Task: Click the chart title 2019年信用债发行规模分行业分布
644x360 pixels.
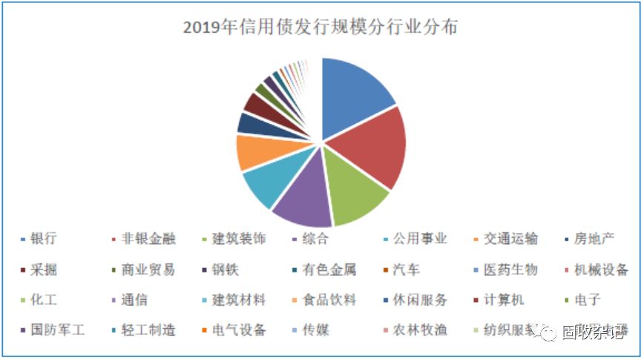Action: point(321,27)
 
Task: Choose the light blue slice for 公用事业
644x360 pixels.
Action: point(268,183)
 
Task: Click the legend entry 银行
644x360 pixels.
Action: point(44,239)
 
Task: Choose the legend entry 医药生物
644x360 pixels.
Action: point(510,269)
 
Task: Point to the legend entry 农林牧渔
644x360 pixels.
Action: point(420,330)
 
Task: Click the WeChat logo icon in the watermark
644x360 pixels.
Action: point(547,333)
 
